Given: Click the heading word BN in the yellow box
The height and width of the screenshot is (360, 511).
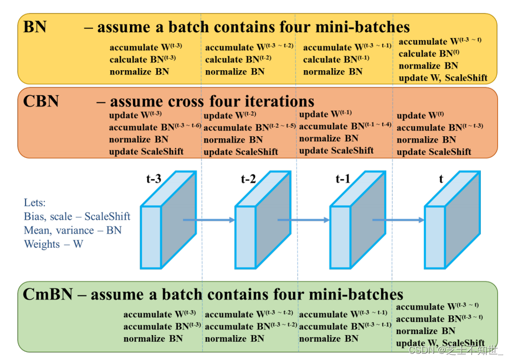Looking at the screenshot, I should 35,26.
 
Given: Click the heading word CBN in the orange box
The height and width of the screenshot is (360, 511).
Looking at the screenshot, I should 41,101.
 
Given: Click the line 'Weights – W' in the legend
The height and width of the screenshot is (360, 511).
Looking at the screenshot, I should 53,244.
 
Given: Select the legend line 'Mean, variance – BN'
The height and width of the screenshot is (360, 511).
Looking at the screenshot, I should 73,230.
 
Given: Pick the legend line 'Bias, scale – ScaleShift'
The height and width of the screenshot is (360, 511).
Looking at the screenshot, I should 77,216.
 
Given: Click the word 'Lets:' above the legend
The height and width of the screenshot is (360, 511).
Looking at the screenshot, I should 34,203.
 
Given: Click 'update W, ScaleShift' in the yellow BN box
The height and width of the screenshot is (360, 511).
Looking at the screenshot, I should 443,78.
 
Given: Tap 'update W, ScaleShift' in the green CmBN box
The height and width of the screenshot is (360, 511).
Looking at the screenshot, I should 440,343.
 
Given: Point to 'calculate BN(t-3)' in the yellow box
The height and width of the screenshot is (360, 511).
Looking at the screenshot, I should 143,60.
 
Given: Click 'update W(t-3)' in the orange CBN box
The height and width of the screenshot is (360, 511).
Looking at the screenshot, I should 135,115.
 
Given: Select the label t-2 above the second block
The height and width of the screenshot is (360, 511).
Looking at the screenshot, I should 248,179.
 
